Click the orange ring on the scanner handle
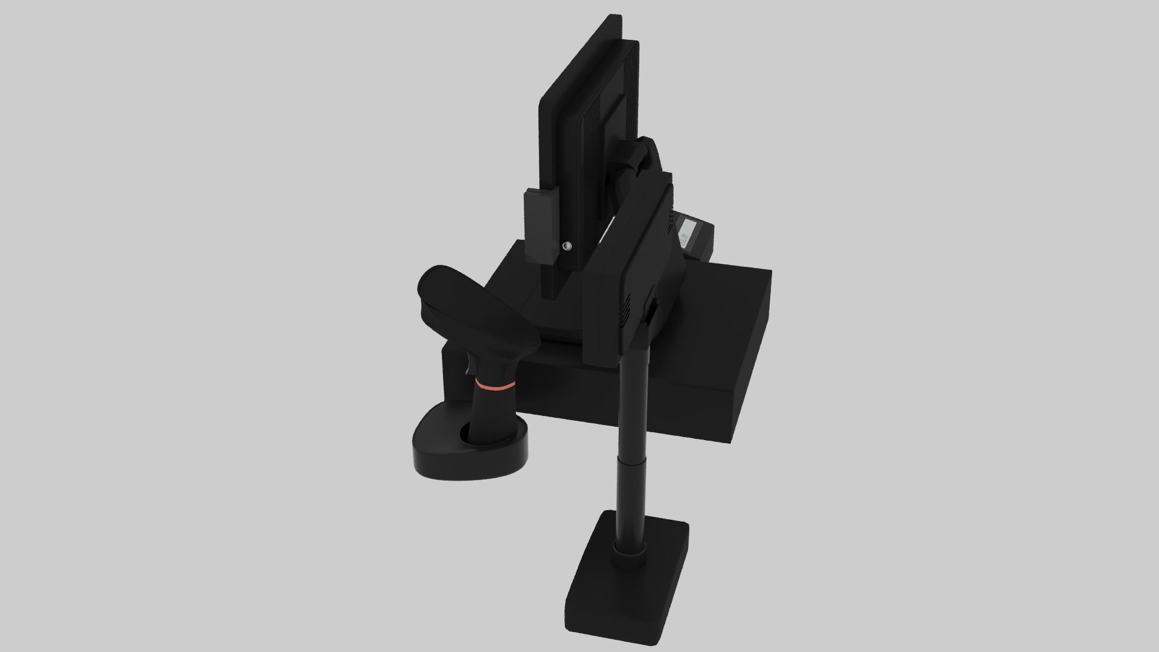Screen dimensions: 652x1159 [x=494, y=384]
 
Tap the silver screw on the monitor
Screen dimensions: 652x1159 [x=567, y=246]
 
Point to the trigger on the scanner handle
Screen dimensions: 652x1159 [x=470, y=365]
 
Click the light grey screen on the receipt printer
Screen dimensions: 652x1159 [x=688, y=232]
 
